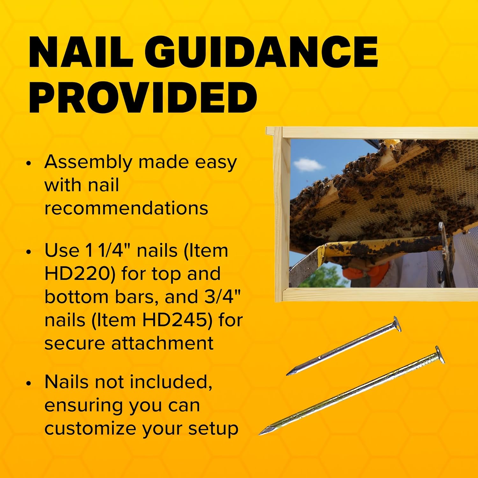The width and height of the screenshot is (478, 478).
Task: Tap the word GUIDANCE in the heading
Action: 261,52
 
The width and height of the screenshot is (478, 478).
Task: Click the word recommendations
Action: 126,208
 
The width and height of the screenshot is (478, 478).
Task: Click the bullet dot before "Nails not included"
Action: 29,383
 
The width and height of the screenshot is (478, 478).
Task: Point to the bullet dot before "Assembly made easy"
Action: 29,163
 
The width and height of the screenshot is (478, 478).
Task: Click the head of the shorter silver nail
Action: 397,324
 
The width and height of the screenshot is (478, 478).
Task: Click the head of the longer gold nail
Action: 439,354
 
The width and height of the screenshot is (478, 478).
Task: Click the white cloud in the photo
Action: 308,164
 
